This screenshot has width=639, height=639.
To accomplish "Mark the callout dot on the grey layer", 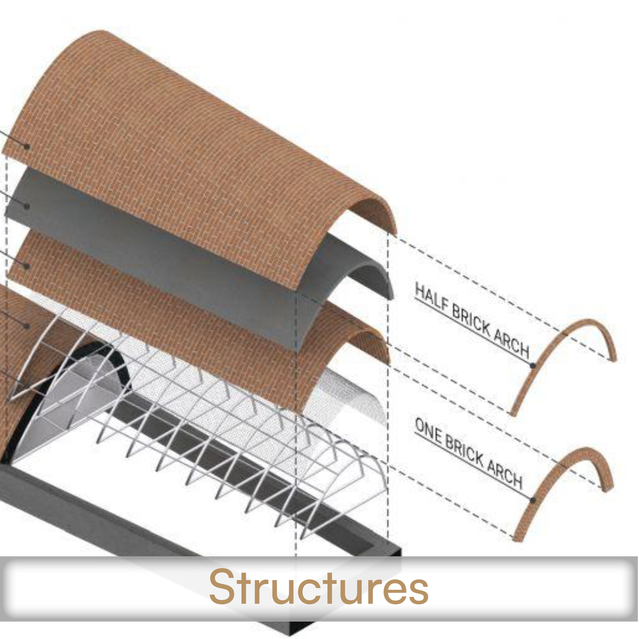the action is click(27, 206).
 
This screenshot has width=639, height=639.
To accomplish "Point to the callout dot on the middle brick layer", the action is click(27, 266).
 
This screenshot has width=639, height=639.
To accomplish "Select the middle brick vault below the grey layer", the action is click(198, 314).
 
